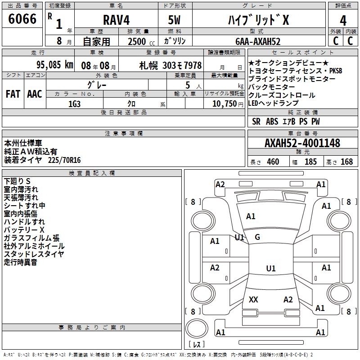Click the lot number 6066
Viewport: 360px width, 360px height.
[x=22, y=19]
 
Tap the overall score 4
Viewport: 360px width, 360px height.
[x=343, y=20]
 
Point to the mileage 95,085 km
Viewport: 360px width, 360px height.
[x=55, y=65]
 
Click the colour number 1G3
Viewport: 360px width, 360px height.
[x=74, y=103]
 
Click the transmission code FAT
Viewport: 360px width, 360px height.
[x=13, y=94]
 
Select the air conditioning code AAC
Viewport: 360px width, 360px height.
[x=35, y=94]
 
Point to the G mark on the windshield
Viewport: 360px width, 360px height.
[x=257, y=237]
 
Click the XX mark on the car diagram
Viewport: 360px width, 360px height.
[x=253, y=299]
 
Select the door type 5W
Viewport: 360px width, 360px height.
[x=176, y=20]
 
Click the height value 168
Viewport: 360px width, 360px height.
[x=346, y=162]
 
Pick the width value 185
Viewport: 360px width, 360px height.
[x=310, y=162]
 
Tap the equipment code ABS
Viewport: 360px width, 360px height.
[x=272, y=121]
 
